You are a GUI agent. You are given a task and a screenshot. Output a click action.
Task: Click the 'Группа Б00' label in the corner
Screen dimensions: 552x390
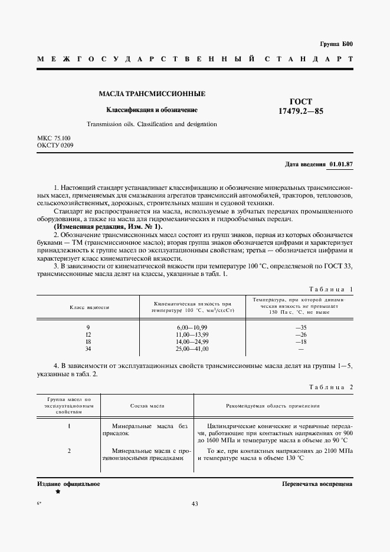336,45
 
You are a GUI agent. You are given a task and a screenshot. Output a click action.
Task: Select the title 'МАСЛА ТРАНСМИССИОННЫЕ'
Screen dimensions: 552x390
152,94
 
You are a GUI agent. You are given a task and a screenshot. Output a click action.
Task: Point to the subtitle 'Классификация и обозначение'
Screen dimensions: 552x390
152,110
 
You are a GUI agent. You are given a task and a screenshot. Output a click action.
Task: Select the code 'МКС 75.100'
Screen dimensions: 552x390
54,138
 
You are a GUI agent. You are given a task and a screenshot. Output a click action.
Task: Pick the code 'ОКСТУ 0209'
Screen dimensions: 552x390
55,145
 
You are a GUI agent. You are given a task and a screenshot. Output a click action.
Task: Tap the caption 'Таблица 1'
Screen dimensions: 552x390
330,289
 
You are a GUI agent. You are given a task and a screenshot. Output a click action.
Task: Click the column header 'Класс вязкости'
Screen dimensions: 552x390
89,307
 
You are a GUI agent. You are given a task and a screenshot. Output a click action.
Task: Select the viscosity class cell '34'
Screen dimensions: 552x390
88,350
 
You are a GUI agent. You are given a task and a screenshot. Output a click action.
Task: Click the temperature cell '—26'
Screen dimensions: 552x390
301,334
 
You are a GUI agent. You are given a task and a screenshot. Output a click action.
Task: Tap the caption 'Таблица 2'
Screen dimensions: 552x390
330,387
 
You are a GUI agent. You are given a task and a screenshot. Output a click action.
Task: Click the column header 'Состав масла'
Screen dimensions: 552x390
147,406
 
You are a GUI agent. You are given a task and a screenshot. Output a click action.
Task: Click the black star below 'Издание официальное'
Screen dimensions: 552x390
58,491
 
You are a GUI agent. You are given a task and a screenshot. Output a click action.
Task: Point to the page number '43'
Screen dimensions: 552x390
195,504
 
